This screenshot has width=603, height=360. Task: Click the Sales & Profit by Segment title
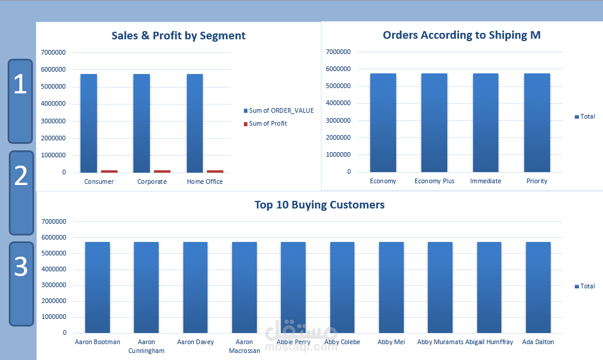click(x=179, y=36)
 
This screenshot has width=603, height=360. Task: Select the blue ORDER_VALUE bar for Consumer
click(x=89, y=123)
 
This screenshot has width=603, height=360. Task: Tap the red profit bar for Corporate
click(x=162, y=171)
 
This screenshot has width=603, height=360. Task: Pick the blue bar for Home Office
click(x=195, y=123)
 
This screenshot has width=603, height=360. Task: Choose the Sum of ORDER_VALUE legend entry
click(x=279, y=110)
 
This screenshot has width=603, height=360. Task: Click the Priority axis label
click(x=537, y=181)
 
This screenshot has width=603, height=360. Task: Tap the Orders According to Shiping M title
click(x=461, y=35)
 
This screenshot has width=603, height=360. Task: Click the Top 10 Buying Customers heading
click(x=320, y=205)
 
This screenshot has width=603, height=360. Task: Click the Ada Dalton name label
click(x=538, y=342)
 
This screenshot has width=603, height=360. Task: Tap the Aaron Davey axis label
click(x=196, y=342)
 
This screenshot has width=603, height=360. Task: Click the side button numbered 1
click(x=21, y=100)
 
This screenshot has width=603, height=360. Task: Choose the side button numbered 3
click(x=21, y=283)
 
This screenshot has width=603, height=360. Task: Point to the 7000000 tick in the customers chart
click(x=53, y=222)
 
